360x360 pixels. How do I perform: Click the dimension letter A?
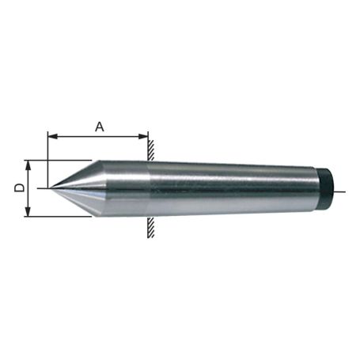100,126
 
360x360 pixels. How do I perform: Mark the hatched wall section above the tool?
150,148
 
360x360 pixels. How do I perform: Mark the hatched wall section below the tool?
150,228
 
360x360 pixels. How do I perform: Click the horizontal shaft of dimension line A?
99,136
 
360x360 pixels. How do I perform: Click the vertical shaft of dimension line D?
28,188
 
